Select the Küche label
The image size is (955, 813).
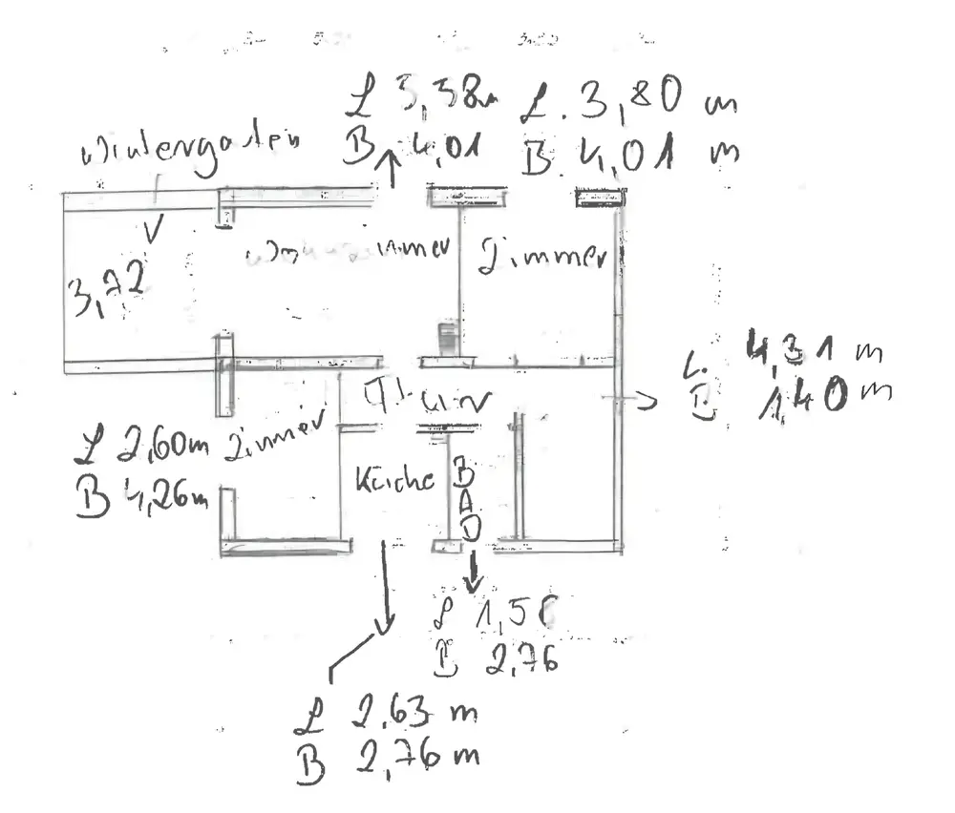coord(394,480)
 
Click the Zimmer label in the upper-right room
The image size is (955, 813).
coord(542,256)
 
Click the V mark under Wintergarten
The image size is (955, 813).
coord(153,229)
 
